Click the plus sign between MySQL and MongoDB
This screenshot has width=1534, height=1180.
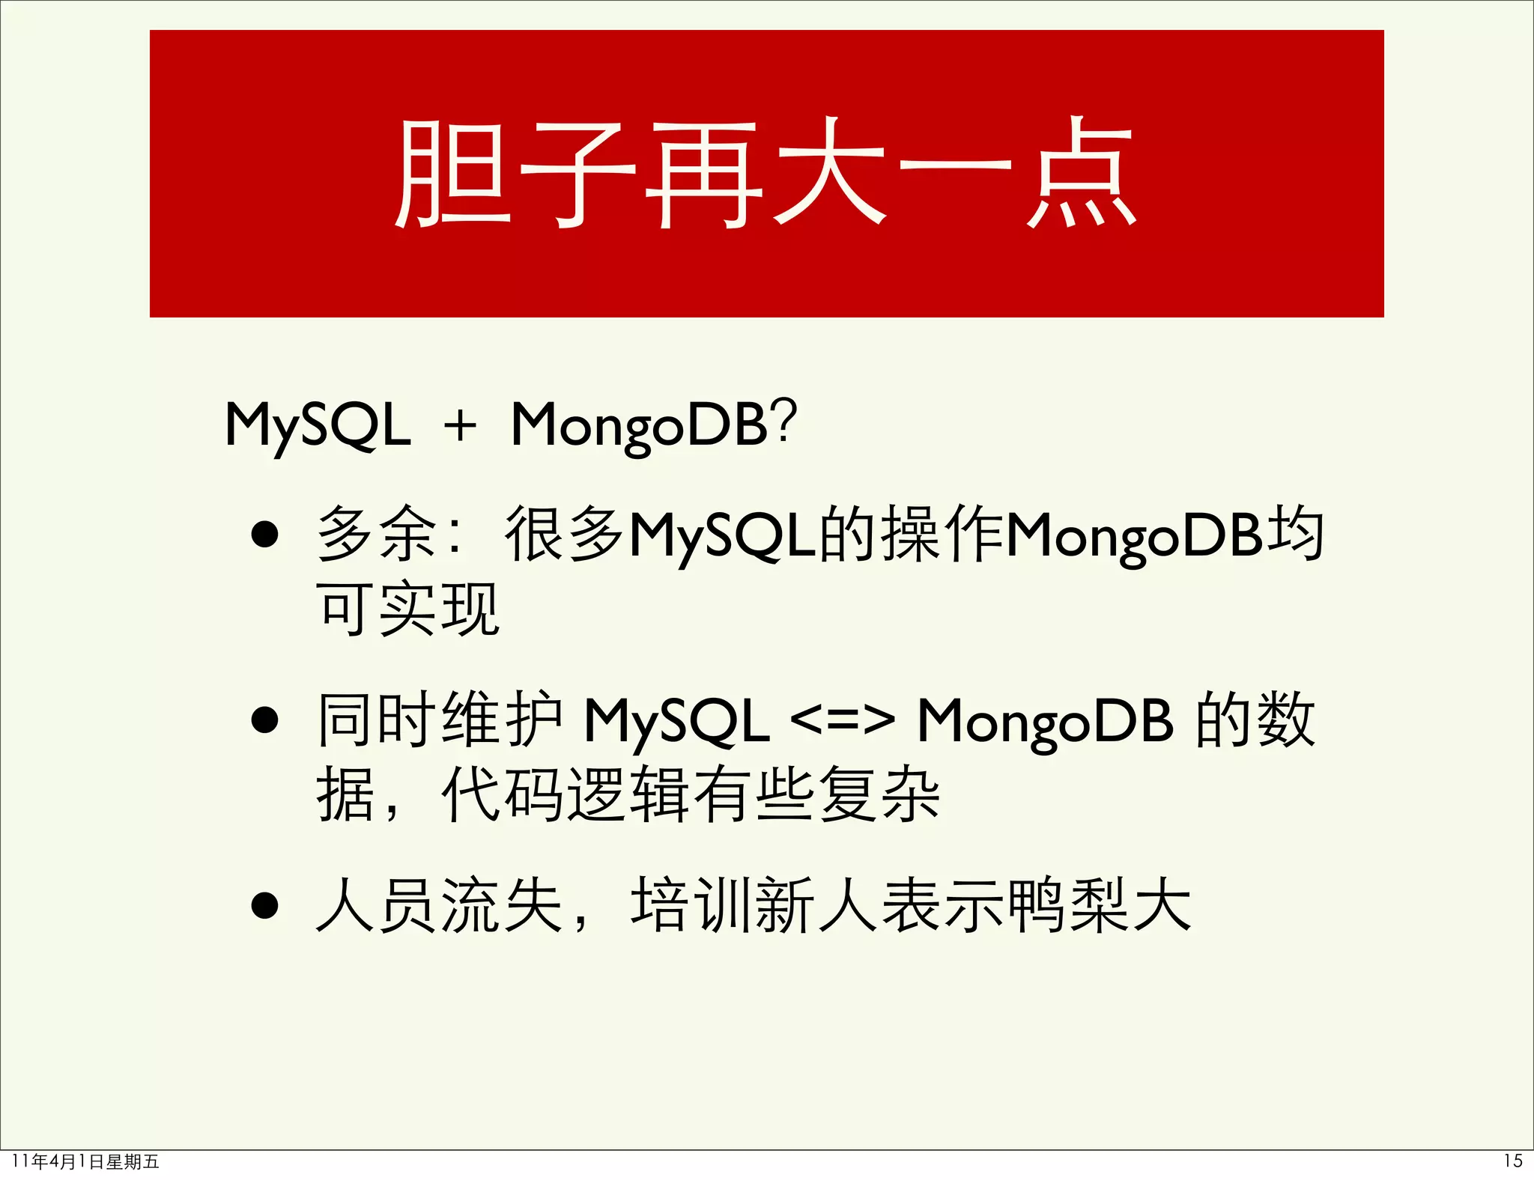click(460, 426)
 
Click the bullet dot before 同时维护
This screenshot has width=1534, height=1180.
click(265, 720)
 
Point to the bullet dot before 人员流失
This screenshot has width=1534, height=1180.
click(265, 905)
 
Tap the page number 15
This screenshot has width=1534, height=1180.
click(1512, 1161)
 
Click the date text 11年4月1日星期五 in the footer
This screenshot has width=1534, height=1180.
click(86, 1161)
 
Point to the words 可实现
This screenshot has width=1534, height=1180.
click(407, 609)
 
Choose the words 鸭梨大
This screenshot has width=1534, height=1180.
click(1100, 905)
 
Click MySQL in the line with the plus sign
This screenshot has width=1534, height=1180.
click(318, 425)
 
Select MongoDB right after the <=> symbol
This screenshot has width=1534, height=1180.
click(1045, 722)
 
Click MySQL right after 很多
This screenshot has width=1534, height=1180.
click(722, 536)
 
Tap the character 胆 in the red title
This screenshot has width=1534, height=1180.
click(452, 174)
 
